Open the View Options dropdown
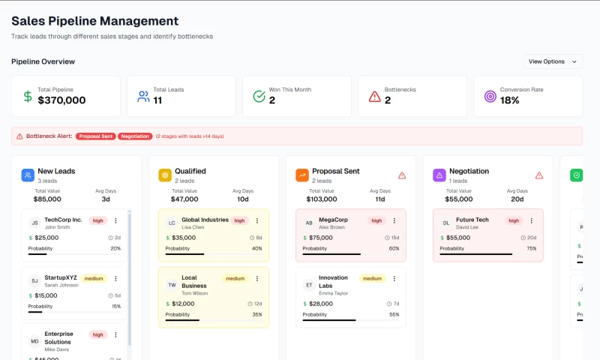point(553,61)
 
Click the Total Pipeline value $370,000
point(61,100)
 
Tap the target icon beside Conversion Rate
point(490,96)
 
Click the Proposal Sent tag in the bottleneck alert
point(96,136)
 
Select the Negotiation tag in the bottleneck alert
point(135,136)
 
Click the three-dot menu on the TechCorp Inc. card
point(115,220)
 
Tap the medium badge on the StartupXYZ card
point(94,278)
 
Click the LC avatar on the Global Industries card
point(172,223)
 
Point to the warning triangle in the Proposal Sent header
point(402,175)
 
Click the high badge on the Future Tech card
point(514,220)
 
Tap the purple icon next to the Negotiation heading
point(439,175)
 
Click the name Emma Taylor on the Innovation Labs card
point(333,293)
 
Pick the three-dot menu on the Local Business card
point(257,278)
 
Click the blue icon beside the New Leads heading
point(28,175)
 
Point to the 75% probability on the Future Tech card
point(531,248)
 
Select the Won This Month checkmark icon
point(259,96)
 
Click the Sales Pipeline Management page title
point(94,21)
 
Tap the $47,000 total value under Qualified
point(184,199)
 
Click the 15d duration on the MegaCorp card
point(391,238)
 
